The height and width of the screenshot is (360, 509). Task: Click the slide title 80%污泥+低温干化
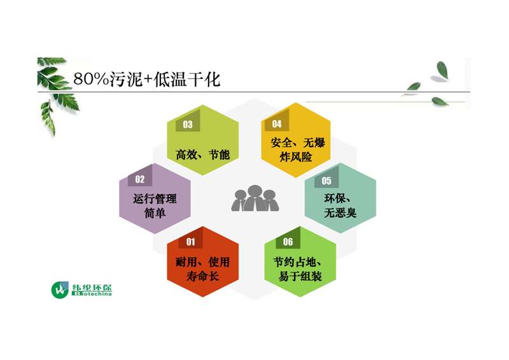[x=147, y=79]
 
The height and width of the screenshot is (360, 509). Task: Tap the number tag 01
[x=190, y=242]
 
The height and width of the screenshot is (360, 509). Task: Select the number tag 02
[x=140, y=179]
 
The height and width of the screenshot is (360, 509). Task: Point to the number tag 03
[x=188, y=124]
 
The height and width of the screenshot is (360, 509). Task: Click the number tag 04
[x=277, y=123]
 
